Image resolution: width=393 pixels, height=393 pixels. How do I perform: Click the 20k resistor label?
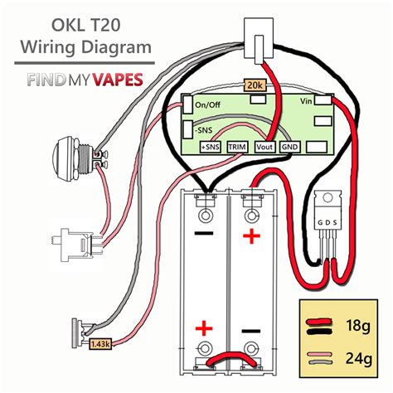255,85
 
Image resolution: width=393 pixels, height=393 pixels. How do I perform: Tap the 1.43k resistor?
100,344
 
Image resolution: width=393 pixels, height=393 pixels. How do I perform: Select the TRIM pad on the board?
237,147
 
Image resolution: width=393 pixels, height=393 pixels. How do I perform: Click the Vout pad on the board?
264,147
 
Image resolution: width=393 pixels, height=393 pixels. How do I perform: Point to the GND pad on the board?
289,147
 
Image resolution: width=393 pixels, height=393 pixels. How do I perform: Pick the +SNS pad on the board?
211,147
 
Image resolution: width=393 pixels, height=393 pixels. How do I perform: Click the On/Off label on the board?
207,104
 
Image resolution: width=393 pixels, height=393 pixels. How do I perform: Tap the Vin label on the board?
306,101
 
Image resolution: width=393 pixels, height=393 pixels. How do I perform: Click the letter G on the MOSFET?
320,222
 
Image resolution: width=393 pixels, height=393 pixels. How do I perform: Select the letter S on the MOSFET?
335,222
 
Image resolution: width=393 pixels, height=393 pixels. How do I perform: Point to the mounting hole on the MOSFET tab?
327,197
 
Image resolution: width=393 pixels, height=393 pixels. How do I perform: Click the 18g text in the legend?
357,326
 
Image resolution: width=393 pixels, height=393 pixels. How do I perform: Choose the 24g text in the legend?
358,358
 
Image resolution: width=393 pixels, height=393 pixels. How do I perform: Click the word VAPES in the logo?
118,80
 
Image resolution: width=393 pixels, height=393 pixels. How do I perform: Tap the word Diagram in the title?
116,47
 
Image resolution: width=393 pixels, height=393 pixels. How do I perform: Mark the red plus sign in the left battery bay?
204,328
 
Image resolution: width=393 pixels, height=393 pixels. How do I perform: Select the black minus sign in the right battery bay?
250,331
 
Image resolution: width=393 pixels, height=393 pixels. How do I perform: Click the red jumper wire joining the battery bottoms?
231,358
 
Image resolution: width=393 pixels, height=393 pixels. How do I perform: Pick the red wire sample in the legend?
318,322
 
